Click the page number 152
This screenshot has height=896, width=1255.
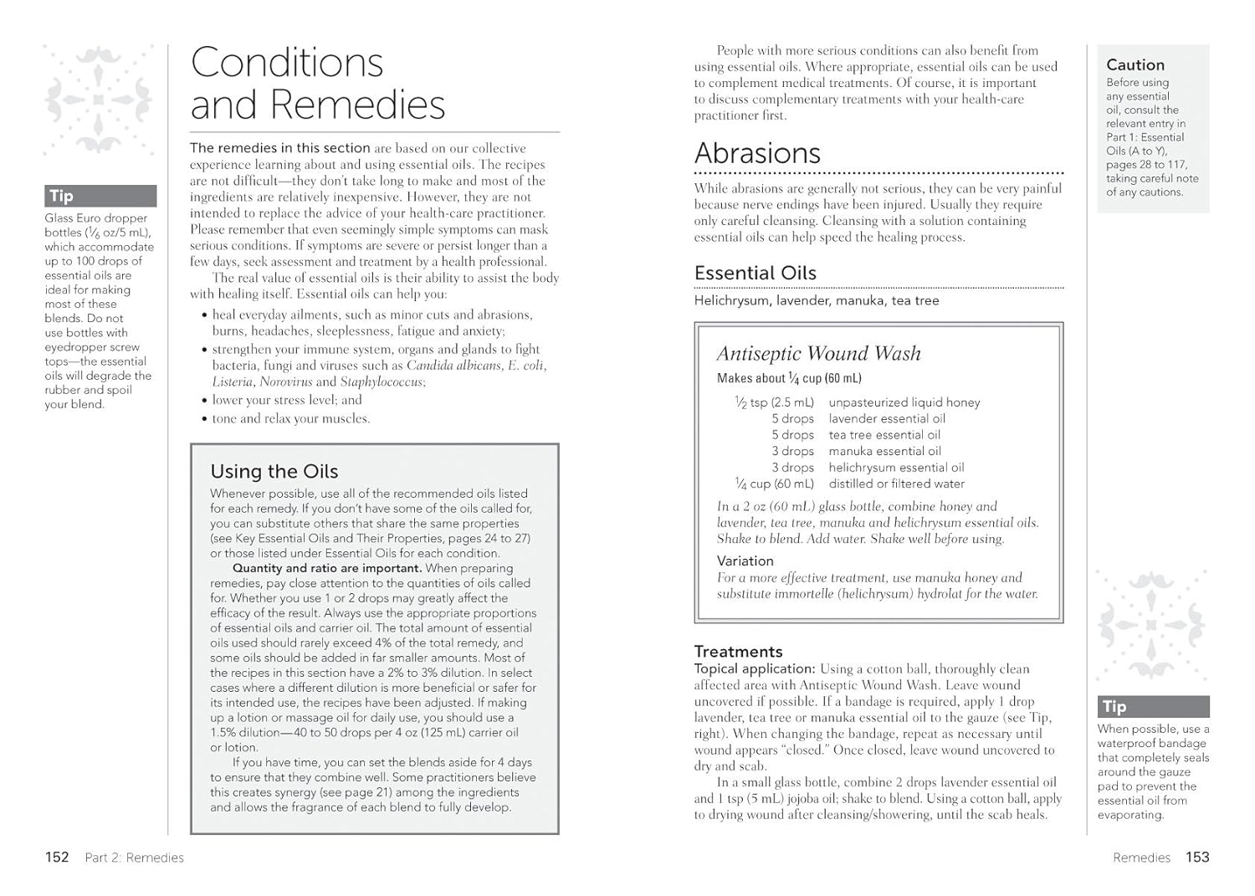(x=57, y=857)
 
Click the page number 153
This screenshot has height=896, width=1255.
(x=1197, y=857)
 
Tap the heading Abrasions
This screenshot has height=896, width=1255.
(x=757, y=153)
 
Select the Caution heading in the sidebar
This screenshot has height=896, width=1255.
(x=1135, y=64)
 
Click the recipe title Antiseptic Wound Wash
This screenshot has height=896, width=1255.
(x=818, y=354)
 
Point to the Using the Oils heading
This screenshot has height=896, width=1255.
(x=274, y=471)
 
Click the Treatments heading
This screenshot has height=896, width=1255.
(x=738, y=651)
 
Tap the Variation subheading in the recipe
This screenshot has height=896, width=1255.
(x=745, y=561)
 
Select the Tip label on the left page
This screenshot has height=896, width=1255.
(x=61, y=196)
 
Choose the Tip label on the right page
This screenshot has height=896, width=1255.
(x=1114, y=706)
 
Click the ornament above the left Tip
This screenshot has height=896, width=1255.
(x=99, y=100)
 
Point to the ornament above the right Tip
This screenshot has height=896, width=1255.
(x=1152, y=623)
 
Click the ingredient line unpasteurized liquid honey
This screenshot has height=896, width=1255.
(x=904, y=402)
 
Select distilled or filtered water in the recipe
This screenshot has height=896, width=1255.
(x=896, y=484)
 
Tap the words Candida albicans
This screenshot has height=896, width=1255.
(x=453, y=366)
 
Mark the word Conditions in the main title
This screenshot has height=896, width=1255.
(x=287, y=63)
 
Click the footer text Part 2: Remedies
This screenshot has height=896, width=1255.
(x=134, y=858)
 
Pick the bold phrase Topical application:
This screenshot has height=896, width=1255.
(x=754, y=668)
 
